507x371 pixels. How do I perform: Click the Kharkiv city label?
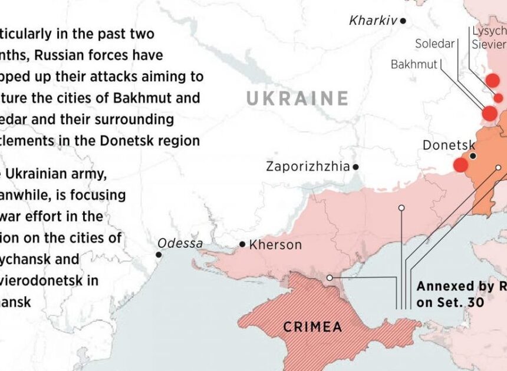pos(373,21)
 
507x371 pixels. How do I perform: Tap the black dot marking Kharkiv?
pos(403,21)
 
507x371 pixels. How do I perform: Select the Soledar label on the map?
pos(435,44)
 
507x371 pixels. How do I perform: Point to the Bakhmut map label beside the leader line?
pos(414,64)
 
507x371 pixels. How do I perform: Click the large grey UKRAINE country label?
pos(297,98)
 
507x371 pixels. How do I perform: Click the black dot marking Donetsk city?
pos(473,156)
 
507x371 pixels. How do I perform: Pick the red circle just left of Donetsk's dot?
pos(460,165)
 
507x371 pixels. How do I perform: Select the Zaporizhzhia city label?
pos(308,166)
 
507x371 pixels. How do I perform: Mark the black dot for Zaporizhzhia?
pos(355,167)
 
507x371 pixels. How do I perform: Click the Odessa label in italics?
pos(180,243)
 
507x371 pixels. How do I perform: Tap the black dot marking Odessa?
pos(159,254)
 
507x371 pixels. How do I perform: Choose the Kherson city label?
pos(275,244)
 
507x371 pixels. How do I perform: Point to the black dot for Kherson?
pos(242,244)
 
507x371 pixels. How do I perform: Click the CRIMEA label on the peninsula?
pos(313,326)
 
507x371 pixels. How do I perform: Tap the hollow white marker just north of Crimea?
pos(330,277)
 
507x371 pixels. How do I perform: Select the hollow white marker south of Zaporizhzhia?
pos(401,208)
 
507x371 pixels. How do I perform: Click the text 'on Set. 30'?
pos(450,302)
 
